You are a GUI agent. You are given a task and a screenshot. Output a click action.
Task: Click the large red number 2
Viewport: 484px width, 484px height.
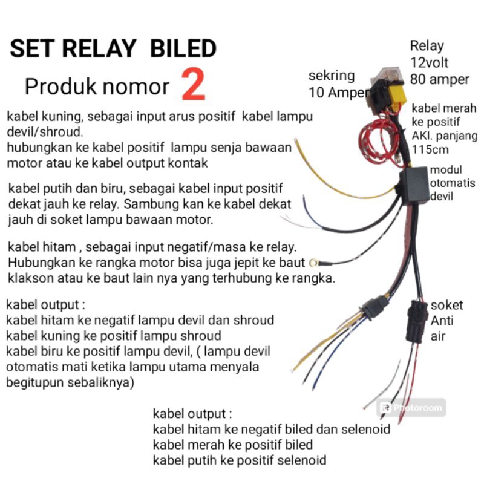[x=193, y=85]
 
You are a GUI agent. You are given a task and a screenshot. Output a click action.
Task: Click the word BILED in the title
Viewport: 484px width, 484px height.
[x=183, y=48]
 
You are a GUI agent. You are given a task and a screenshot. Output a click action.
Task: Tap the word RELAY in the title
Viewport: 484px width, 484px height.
[x=99, y=48]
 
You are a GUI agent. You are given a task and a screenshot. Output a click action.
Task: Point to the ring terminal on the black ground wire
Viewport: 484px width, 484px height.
[x=313, y=263]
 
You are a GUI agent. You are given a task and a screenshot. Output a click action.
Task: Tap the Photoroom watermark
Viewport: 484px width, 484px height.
[x=411, y=408]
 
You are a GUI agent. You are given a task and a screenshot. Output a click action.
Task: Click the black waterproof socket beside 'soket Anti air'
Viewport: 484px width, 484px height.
[x=417, y=321]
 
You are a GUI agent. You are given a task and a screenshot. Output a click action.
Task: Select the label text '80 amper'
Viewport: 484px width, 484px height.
[x=440, y=80]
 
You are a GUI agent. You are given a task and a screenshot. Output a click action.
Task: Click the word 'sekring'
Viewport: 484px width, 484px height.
[x=332, y=76]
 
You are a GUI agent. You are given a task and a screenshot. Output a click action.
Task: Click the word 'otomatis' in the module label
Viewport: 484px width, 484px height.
[x=453, y=183]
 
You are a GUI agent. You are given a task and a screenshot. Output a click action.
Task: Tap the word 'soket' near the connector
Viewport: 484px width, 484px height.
[x=446, y=306]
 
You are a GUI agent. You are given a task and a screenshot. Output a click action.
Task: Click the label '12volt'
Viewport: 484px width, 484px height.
[x=429, y=63]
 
